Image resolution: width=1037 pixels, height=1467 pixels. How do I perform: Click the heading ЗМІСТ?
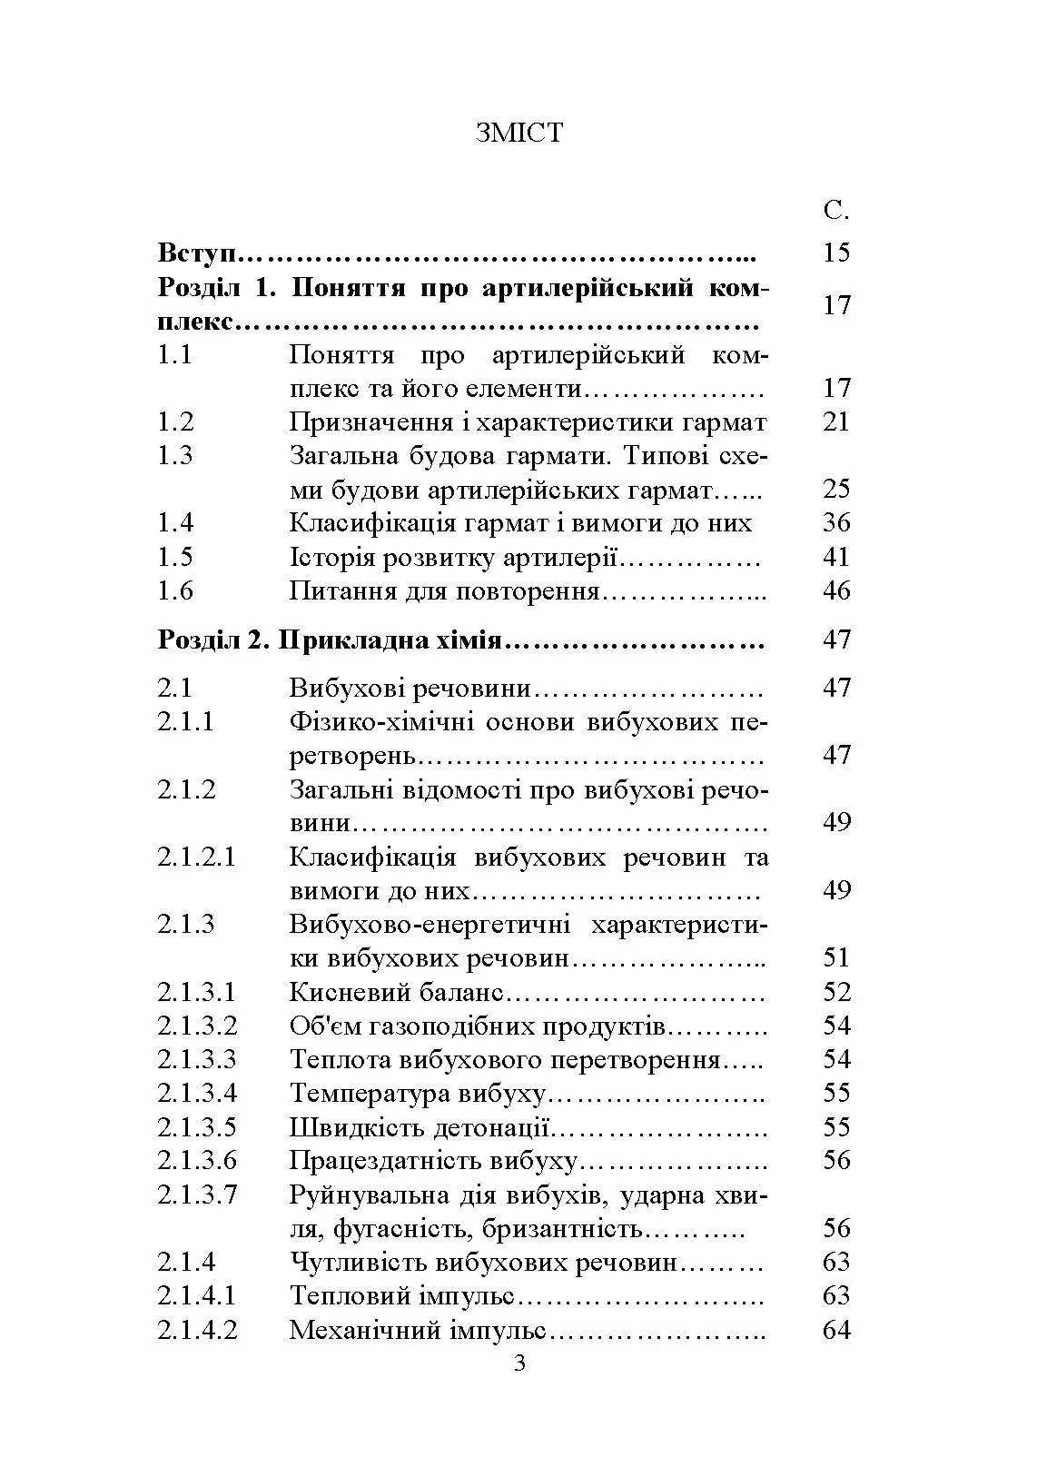tap(518, 133)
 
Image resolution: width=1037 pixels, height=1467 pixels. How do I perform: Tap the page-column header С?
tap(835, 212)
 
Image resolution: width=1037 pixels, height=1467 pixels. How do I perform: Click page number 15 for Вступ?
tap(835, 253)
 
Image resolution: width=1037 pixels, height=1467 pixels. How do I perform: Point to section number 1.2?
tap(175, 422)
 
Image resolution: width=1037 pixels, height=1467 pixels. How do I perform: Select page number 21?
tap(835, 422)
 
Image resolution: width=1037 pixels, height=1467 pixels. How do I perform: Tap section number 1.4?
tap(175, 523)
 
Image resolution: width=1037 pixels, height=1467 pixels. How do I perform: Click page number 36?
tap(835, 523)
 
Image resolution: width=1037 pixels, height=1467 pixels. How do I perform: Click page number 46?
tap(835, 591)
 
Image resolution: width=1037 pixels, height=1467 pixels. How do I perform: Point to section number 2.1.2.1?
tap(196, 857)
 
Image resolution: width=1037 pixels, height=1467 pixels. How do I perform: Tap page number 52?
tap(835, 992)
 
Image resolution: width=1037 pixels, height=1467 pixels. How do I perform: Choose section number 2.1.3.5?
tap(196, 1127)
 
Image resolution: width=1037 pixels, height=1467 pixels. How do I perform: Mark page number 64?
tap(835, 1331)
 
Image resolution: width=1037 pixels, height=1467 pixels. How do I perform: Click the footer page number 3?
tap(519, 1364)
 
